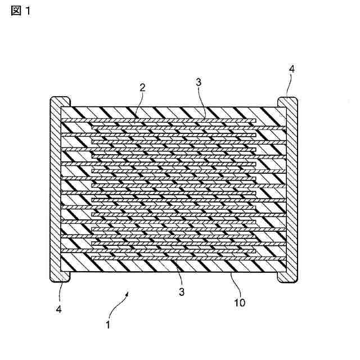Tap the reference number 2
point(142,87)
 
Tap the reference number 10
point(240,302)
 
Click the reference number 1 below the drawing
point(109,325)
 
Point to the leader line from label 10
point(234,283)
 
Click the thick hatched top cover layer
point(174,112)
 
